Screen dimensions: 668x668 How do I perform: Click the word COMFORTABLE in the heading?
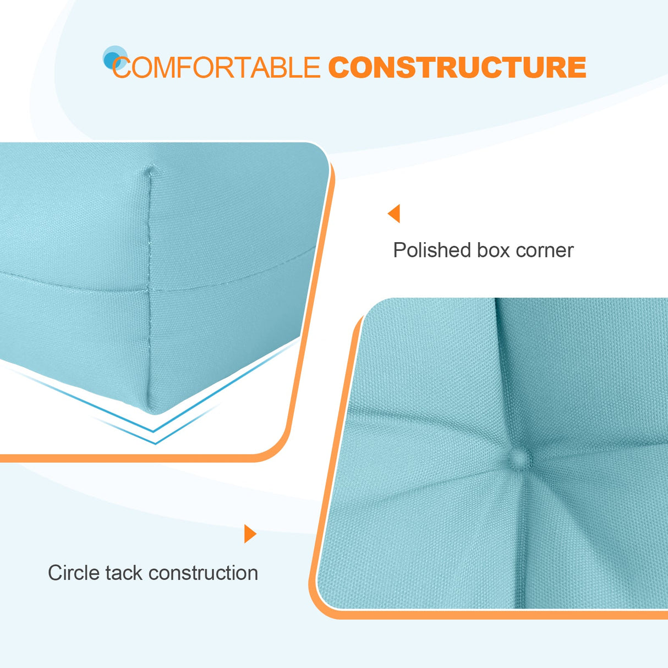pos(216,68)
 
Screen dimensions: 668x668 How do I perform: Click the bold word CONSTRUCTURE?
pos(457,68)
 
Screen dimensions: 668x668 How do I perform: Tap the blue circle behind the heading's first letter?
pos(114,57)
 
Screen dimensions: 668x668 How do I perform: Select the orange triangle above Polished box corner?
pos(394,213)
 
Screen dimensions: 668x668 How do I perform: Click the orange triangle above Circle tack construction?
pos(250,534)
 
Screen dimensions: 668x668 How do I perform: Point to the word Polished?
pos(431,250)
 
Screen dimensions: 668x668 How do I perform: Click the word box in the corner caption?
pos(493,250)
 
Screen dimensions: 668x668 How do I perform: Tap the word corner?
pos(544,250)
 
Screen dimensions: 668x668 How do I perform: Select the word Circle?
pos(73,573)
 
